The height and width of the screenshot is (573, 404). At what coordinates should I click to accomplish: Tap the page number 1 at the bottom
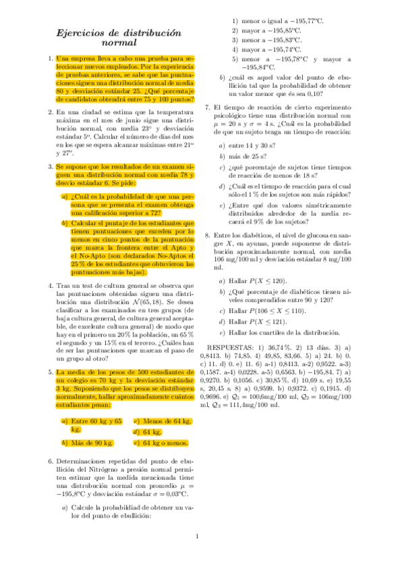click(x=196, y=537)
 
